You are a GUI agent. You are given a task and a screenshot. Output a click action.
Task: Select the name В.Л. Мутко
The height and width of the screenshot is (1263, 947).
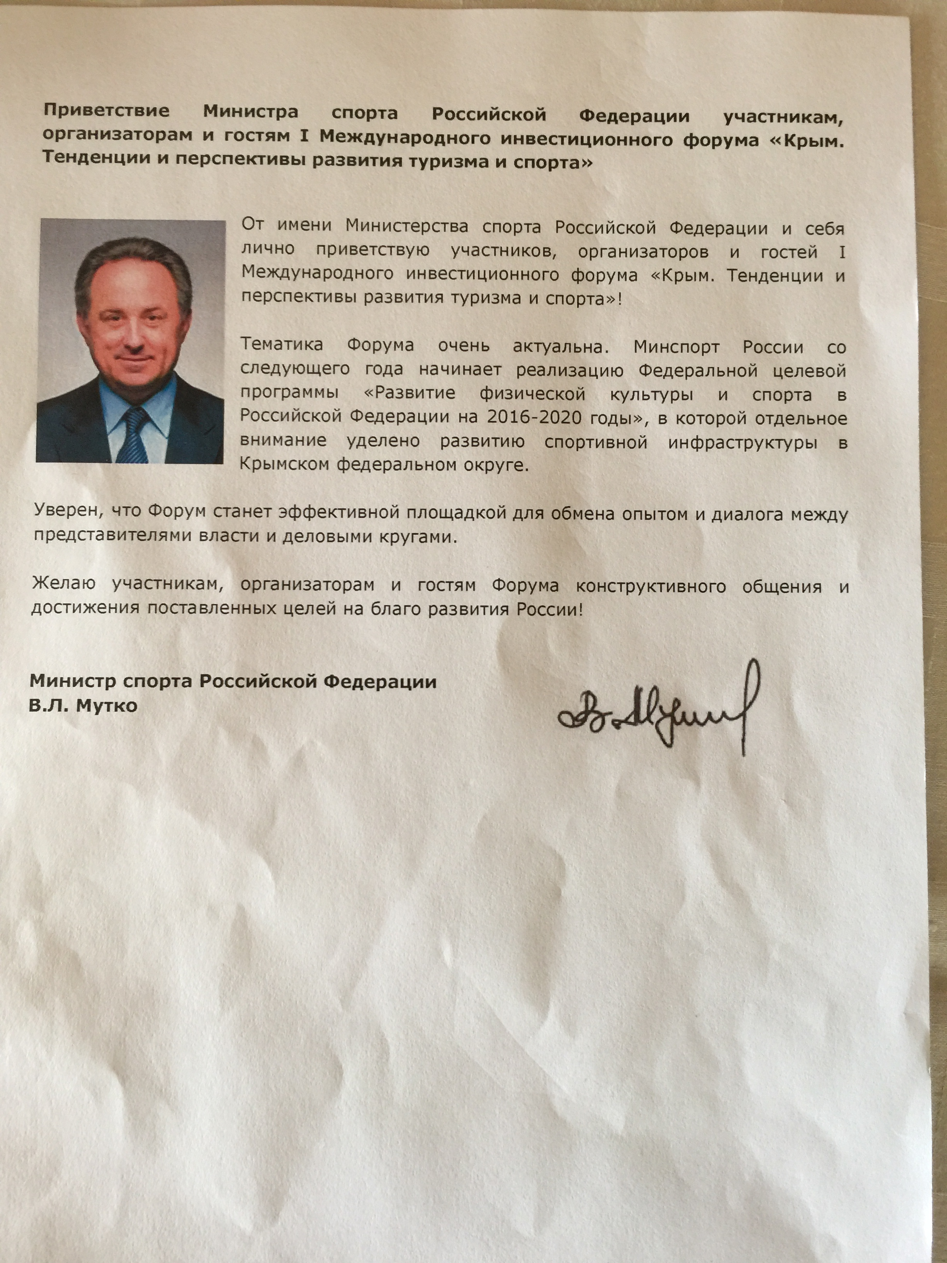(83, 706)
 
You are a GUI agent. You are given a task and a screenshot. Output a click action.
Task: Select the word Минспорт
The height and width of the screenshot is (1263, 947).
(677, 347)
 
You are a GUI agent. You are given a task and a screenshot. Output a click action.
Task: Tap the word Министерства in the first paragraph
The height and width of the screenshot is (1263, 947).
(407, 226)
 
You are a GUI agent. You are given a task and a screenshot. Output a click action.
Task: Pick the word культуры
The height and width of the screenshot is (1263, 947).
(651, 394)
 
